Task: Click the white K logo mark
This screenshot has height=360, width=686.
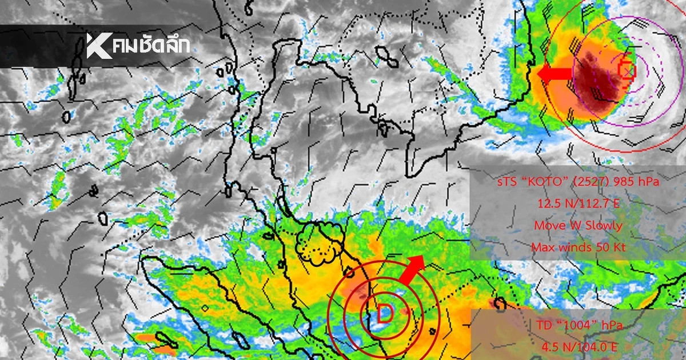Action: [99, 46]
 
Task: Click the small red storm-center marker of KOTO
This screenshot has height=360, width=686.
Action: [627, 70]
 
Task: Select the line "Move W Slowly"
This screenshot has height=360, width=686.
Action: [578, 225]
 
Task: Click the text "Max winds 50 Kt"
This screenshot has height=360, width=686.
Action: [578, 247]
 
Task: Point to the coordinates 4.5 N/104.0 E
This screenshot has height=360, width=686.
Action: [578, 347]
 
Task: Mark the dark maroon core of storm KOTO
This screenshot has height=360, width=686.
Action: [595, 77]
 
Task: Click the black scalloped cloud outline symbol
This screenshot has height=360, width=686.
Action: [320, 242]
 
